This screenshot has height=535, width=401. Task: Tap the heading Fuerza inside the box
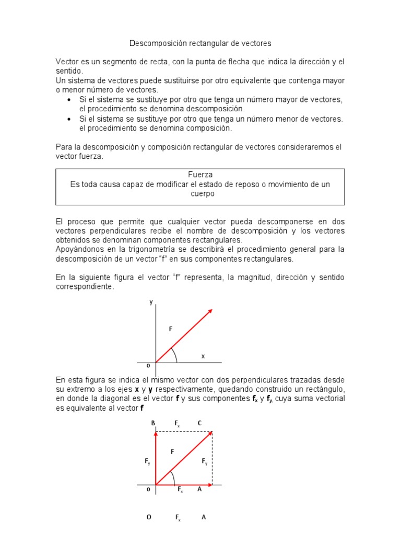tap(200, 175)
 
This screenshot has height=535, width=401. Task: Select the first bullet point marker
tap(69, 100)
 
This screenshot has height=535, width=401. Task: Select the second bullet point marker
tap(69, 119)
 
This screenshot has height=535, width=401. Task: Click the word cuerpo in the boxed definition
tap(200, 193)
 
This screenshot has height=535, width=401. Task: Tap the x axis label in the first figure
tap(203, 356)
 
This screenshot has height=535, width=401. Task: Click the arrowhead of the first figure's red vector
tap(210, 311)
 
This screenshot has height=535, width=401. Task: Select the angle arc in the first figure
tap(175, 355)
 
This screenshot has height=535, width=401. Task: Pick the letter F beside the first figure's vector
tap(170, 329)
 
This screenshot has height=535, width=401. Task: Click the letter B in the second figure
tap(153, 423)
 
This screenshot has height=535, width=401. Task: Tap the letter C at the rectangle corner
tap(199, 423)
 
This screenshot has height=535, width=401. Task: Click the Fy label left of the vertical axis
tap(148, 461)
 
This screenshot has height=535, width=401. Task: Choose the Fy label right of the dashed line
tap(204, 461)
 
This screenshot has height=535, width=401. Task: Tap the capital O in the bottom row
tap(149, 517)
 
